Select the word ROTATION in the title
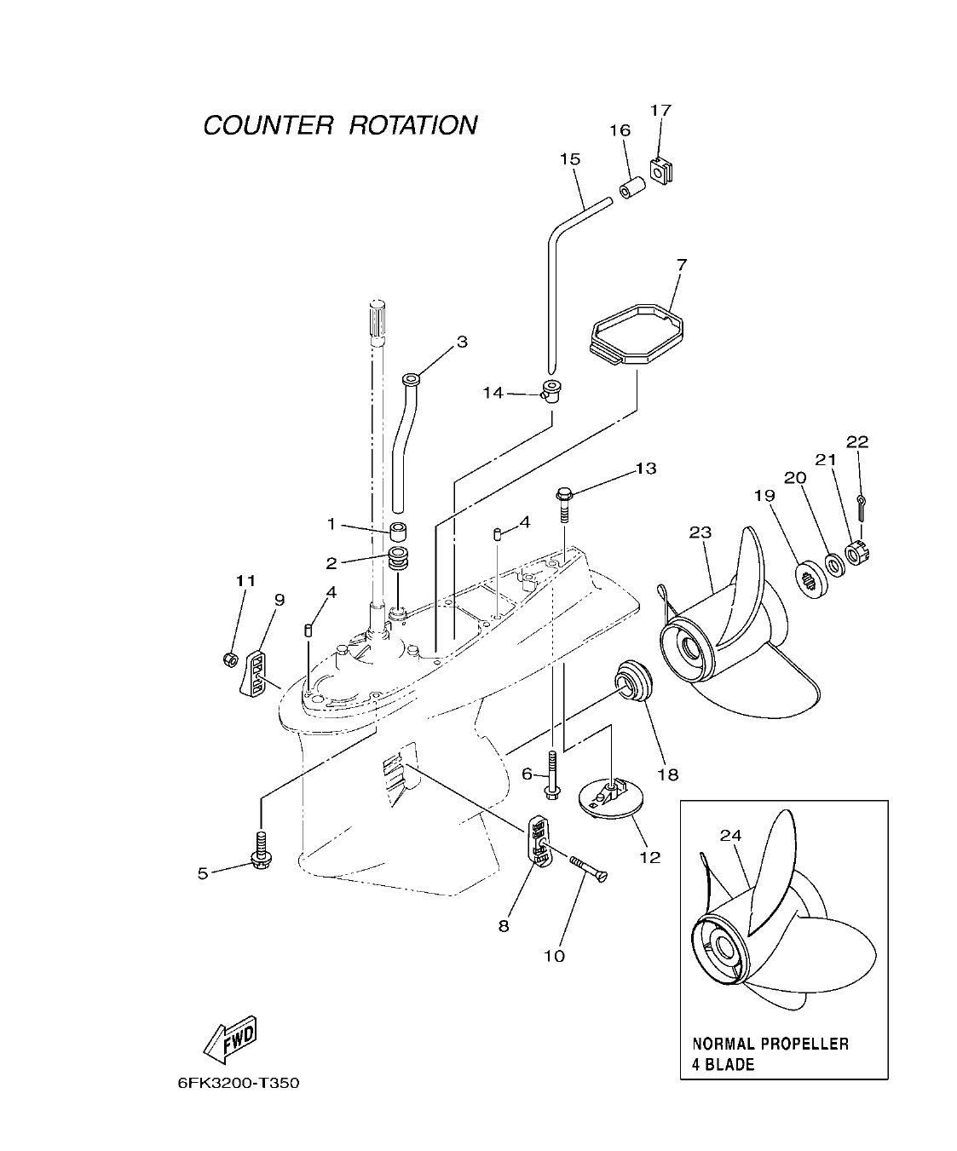413,125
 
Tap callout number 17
660,110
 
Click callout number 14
493,393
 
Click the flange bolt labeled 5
260,852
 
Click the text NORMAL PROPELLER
770,1044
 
